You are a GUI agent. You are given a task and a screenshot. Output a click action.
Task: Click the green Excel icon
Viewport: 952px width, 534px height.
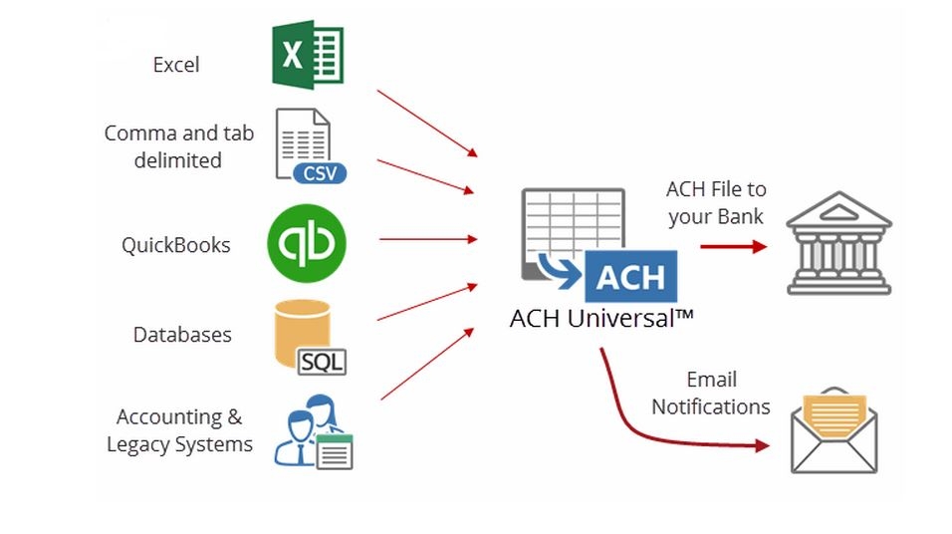308,55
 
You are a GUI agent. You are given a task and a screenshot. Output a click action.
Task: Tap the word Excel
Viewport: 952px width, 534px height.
176,65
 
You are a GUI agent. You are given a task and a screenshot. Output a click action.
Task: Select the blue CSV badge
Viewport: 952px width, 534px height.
320,172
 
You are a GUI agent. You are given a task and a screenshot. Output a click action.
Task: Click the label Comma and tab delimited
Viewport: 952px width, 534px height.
179,146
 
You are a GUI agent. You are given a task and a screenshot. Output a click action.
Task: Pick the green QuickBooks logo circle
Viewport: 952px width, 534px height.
307,244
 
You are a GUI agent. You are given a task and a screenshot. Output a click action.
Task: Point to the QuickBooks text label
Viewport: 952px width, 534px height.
176,245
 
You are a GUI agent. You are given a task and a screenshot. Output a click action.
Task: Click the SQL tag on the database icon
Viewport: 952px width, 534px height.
322,360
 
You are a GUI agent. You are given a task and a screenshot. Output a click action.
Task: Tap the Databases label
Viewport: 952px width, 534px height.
182,335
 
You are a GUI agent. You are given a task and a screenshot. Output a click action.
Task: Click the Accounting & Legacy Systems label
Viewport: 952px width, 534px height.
180,430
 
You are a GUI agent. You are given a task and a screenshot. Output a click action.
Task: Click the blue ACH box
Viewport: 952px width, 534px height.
630,277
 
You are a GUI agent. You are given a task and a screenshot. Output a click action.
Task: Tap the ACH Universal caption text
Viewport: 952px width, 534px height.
600,319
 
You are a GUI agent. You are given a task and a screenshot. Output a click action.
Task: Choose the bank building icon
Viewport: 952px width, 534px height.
838,243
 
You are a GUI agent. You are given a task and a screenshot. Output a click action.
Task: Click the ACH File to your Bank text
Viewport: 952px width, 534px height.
716,202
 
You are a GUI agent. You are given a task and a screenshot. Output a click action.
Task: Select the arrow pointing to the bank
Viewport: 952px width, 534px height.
734,244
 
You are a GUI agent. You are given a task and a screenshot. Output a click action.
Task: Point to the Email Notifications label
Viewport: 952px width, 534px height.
711,394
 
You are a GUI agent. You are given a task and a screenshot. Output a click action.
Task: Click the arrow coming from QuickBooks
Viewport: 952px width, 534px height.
428,239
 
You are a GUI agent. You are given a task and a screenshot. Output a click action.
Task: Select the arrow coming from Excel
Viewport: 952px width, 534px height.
427,123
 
